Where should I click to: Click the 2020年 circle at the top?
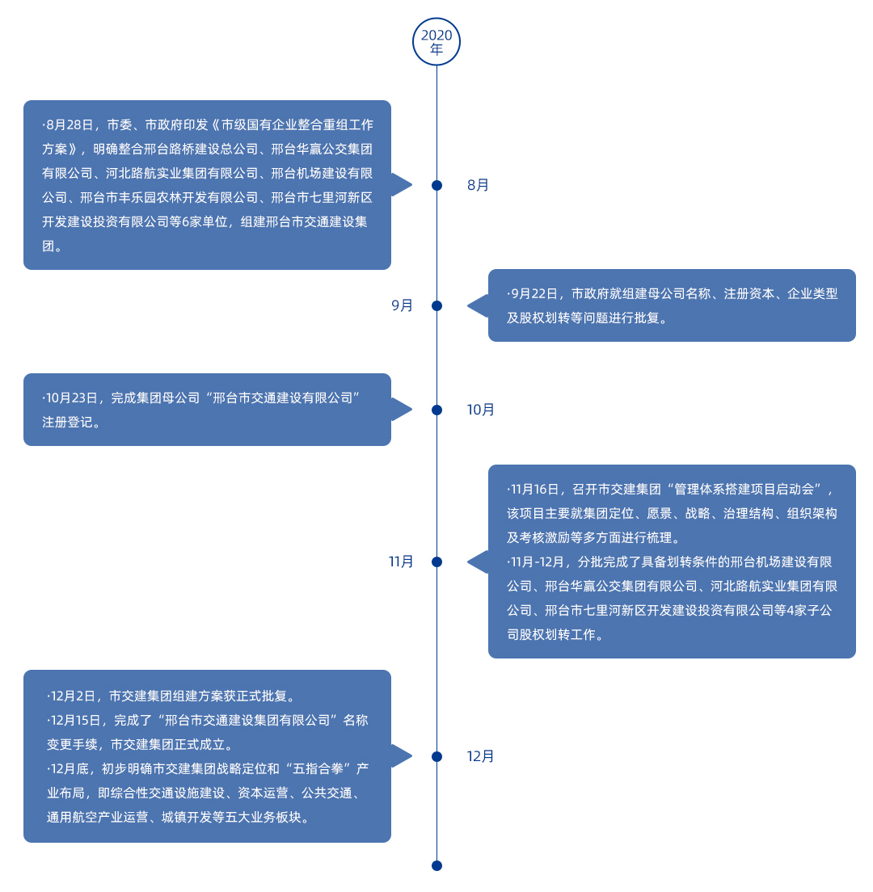(436, 41)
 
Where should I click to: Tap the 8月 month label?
(479, 185)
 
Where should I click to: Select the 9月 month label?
(403, 305)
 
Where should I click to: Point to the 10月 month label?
(481, 410)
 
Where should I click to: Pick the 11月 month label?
(401, 562)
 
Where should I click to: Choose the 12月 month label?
(481, 756)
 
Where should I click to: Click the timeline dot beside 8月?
(436, 185)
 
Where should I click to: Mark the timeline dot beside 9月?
(436, 305)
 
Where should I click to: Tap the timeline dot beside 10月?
(436, 410)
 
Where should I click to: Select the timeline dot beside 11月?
(436, 562)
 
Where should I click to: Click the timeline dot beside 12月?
(436, 756)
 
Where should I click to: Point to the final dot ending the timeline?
(436, 865)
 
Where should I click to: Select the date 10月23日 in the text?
(73, 398)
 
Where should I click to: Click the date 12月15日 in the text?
(77, 720)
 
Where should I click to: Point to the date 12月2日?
(74, 696)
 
